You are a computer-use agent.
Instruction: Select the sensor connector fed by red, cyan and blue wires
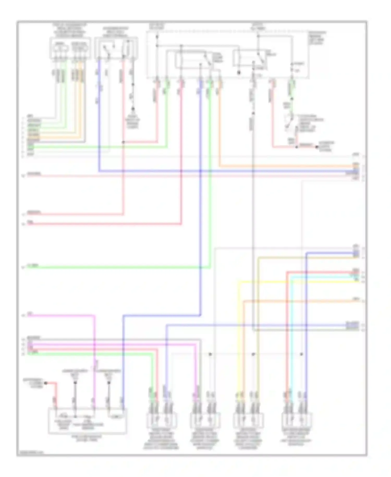pyautogui.click(x=297, y=420)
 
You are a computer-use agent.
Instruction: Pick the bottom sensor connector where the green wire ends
pyautogui.click(x=162, y=420)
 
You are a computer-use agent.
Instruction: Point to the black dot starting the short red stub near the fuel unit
pyautogui.click(x=46, y=383)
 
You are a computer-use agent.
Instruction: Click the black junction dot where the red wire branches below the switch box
pyautogui.click(x=124, y=142)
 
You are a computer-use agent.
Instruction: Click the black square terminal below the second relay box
pyautogui.click(x=239, y=73)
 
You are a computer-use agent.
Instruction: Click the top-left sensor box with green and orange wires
pyautogui.click(x=70, y=49)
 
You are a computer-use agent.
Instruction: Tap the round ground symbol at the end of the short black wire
pyautogui.click(x=133, y=109)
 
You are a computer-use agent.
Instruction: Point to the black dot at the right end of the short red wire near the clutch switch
pyautogui.click(x=317, y=147)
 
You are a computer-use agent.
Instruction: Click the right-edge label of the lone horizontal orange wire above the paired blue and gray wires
pyautogui.click(x=355, y=299)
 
